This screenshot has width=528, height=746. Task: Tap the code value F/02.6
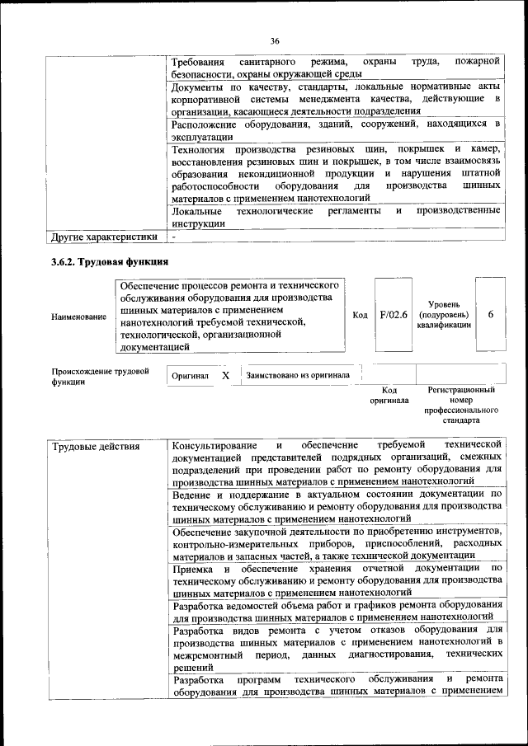click(394, 315)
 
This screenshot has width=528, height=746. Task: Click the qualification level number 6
click(491, 315)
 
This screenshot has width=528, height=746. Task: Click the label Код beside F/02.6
click(360, 315)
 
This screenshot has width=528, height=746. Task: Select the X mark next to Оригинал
click(225, 375)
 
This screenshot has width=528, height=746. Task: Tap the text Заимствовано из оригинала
click(298, 375)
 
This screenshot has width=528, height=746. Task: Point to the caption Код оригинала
click(389, 395)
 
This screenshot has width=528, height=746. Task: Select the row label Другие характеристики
click(104, 237)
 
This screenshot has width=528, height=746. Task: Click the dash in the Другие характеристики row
click(174, 237)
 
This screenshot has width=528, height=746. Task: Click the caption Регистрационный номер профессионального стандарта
click(461, 404)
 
